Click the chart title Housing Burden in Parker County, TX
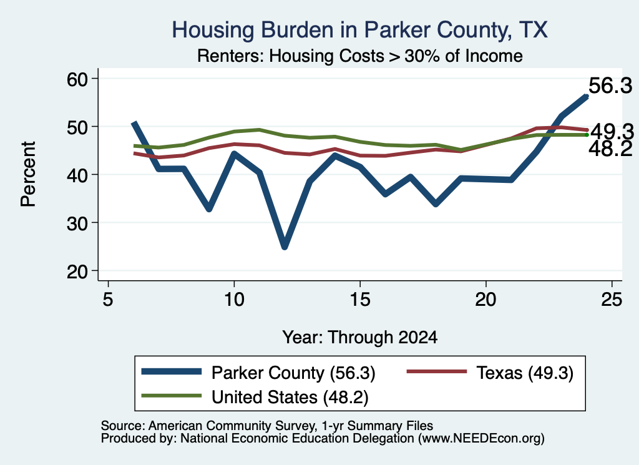[x=359, y=30]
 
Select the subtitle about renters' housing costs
[x=360, y=56]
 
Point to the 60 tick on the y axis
[x=77, y=79]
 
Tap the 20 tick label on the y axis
[x=77, y=272]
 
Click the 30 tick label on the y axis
[x=77, y=223]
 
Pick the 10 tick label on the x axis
[x=234, y=300]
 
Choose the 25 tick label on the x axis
[x=612, y=300]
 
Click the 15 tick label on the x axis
[x=360, y=300]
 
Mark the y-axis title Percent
[x=28, y=174]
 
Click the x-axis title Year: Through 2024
[x=360, y=338]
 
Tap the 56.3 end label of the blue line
[x=610, y=86]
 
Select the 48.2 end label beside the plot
[x=610, y=149]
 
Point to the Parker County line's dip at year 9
[x=209, y=209]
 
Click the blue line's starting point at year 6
[x=134, y=123]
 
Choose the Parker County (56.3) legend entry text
[x=293, y=373]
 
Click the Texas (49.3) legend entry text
[x=525, y=373]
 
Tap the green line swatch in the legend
[x=171, y=396]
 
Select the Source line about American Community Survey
[x=267, y=426]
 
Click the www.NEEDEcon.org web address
[x=481, y=439]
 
